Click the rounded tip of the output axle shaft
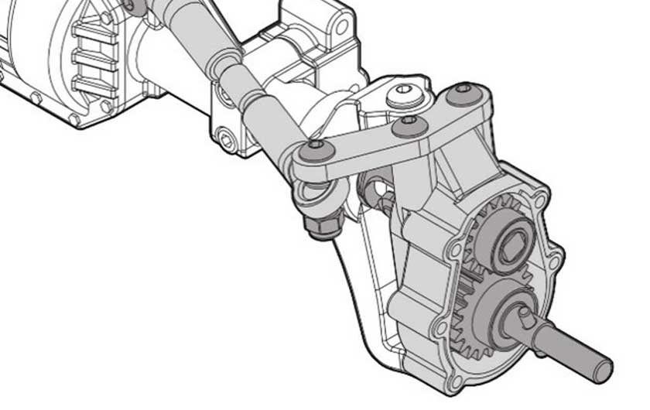(x=601, y=367)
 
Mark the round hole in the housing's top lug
(x=340, y=26)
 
